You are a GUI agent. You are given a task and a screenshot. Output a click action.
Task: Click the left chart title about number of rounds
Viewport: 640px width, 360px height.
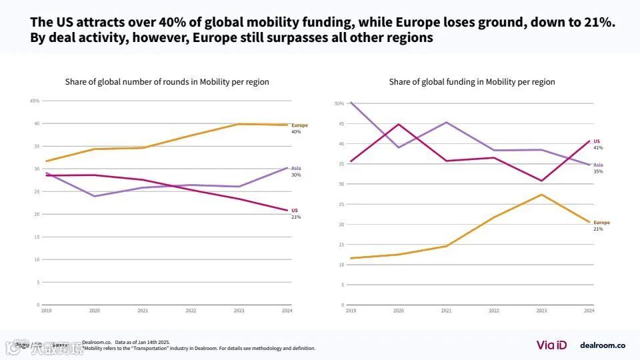tap(167, 82)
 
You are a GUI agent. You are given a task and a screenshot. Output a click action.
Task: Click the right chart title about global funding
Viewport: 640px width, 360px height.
tap(472, 82)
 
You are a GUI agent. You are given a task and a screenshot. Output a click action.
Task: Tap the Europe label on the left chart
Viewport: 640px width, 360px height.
tap(299, 125)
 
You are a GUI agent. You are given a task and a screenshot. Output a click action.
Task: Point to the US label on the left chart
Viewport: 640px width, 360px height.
tap(295, 211)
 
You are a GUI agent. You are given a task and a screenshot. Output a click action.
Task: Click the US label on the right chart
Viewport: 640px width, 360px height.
tap(597, 141)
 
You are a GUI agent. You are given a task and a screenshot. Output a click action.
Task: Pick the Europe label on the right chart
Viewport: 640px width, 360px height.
tap(601, 223)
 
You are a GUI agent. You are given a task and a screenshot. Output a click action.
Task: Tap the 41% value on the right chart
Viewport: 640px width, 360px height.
tap(598, 148)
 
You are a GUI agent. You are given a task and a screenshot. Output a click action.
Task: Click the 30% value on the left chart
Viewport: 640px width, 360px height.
tap(296, 175)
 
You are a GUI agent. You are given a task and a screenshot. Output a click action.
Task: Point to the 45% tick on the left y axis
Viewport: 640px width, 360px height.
tap(35, 101)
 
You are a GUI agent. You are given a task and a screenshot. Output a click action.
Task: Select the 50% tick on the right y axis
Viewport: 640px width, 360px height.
tap(339, 103)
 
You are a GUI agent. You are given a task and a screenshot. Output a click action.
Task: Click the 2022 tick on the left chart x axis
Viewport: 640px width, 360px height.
tap(191, 311)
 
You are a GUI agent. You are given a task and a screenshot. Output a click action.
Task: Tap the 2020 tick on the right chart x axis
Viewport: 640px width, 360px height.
tap(399, 311)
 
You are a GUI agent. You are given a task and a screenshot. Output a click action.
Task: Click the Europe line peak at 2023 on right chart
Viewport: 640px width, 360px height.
tap(542, 195)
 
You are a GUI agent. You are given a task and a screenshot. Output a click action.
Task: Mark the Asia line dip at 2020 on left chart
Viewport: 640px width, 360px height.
tap(95, 196)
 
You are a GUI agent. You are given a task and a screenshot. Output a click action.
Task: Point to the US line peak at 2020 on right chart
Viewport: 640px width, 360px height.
tap(399, 124)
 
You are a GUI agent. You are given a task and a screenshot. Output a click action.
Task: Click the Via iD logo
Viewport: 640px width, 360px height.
tap(551, 345)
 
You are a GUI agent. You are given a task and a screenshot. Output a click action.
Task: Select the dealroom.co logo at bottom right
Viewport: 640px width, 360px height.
tap(602, 345)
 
